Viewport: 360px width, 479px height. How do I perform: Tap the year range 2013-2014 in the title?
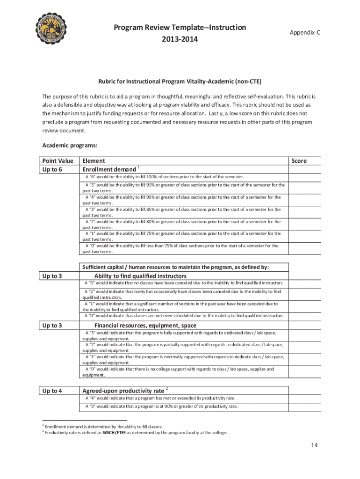180,39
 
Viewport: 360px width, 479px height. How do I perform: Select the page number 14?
315,445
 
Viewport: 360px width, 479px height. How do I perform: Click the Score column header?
299,160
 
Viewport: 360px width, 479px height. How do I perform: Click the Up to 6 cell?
52,169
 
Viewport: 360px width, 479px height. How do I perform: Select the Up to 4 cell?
52,391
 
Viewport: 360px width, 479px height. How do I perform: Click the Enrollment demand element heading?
110,169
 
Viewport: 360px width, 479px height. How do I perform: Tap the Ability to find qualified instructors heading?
140,276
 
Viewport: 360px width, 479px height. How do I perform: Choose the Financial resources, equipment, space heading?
145,325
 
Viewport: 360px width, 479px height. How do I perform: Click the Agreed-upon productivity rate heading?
123,391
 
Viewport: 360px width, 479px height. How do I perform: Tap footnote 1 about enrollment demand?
104,427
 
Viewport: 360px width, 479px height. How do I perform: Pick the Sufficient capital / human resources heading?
176,267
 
